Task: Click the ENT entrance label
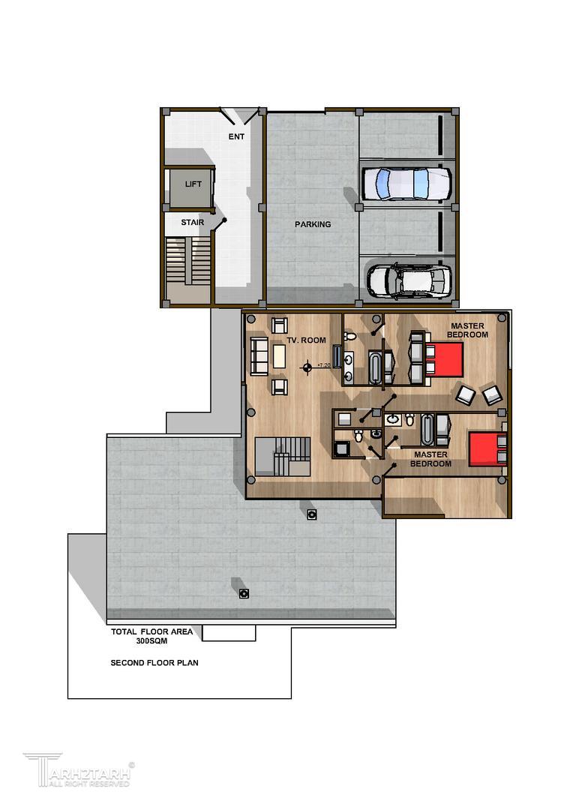[x=236, y=136]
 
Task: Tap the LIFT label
[x=193, y=184]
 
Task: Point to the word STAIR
[x=192, y=222]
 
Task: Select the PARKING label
[x=313, y=224]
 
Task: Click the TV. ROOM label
[x=307, y=340]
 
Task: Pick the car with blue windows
[x=406, y=183]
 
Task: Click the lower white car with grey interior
[x=409, y=281]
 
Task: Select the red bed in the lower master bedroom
[x=487, y=449]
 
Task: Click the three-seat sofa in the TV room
[x=259, y=356]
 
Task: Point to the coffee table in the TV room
[x=279, y=356]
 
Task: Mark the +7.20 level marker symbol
[x=307, y=367]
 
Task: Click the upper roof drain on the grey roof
[x=311, y=514]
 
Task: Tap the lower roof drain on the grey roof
[x=244, y=593]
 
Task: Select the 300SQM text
[x=152, y=641]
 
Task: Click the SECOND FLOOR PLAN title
[x=154, y=663]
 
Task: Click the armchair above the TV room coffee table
[x=280, y=325]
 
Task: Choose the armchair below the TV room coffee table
[x=280, y=387]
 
